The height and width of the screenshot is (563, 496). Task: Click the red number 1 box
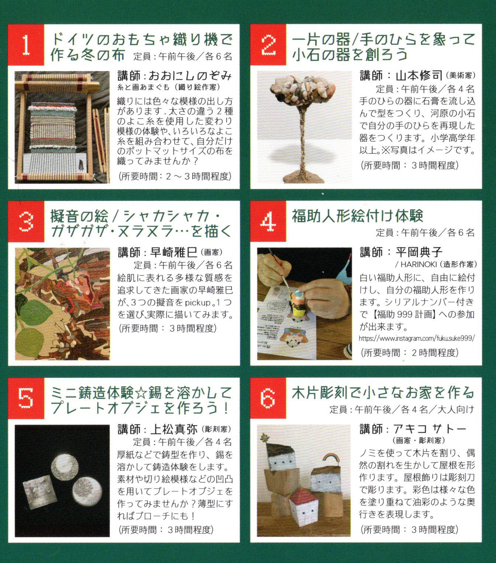[26, 45]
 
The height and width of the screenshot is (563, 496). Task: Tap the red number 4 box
[268, 221]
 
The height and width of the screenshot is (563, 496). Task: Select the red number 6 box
[268, 398]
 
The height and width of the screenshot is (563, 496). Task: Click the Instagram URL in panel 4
[417, 338]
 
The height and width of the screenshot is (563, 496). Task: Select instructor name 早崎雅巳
[174, 252]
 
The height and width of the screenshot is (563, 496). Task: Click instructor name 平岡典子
[419, 252]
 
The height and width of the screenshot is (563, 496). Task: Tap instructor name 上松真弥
[174, 429]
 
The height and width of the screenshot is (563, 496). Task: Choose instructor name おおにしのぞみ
[190, 76]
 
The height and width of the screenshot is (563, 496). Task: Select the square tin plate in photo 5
[40, 492]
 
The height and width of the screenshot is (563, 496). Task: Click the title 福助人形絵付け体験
[357, 216]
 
